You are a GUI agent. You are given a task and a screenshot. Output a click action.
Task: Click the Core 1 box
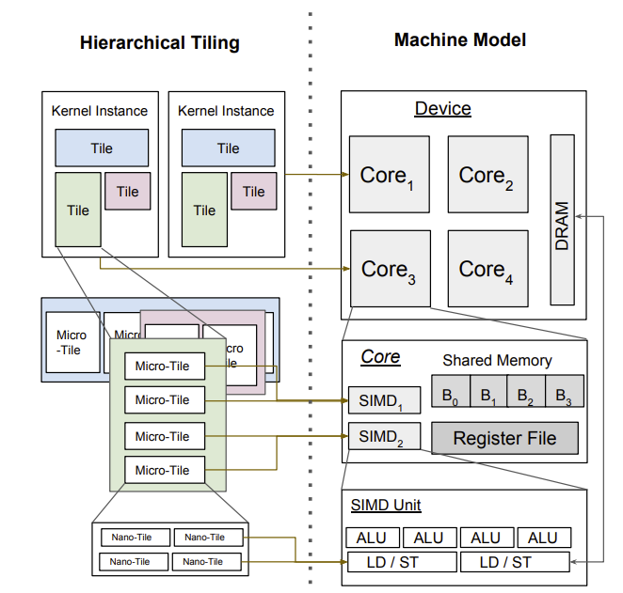(x=390, y=175)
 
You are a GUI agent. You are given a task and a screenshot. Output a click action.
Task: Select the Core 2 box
(x=487, y=175)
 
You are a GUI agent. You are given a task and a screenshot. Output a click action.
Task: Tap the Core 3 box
(x=390, y=269)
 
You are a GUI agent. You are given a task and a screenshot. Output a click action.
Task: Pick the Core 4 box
(x=487, y=269)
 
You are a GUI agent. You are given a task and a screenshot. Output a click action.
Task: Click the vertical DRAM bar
(x=562, y=220)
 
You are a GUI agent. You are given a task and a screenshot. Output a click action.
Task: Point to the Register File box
(x=504, y=438)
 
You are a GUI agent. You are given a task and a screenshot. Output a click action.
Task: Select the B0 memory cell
(x=449, y=391)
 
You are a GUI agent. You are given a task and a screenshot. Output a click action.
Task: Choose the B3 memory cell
(x=564, y=391)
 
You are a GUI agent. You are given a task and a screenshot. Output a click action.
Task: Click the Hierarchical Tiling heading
(x=160, y=43)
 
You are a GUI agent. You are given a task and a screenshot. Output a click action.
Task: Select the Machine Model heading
(x=460, y=40)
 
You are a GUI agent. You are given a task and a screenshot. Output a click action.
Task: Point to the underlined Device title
(x=442, y=109)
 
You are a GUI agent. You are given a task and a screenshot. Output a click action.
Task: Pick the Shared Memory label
(x=497, y=360)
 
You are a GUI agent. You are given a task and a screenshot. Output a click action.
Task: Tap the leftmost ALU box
(x=372, y=538)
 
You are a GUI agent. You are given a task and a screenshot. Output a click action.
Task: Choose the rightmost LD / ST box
(x=514, y=562)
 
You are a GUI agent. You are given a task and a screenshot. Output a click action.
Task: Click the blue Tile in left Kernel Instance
(x=102, y=148)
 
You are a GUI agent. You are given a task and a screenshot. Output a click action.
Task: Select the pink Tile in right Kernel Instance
(x=254, y=191)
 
